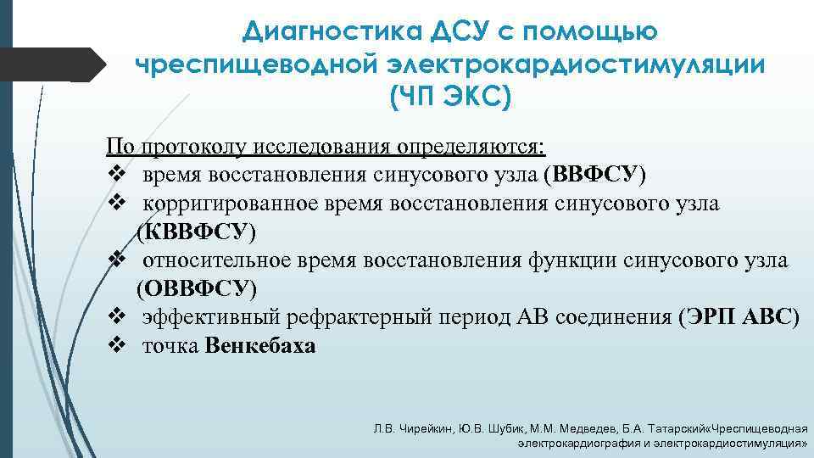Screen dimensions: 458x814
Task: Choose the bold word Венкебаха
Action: pos(259,346)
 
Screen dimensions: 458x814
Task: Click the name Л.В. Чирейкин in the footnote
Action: pos(406,428)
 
